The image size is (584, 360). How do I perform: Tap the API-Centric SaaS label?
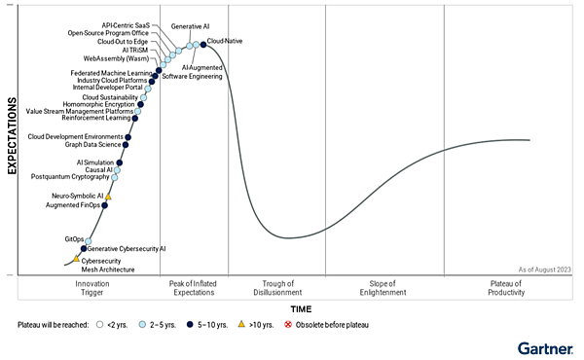127,24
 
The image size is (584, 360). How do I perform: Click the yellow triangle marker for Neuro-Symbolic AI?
108,197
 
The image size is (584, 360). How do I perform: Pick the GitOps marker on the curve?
88,240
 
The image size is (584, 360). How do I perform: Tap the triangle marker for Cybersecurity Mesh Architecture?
76,259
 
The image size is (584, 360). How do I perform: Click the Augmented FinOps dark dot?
105,205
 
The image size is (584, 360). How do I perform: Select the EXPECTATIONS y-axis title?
13,135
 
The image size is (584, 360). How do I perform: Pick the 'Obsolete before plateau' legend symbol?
288,324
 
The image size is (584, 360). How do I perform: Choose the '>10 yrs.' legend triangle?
241,324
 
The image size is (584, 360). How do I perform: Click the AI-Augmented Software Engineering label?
192,71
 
